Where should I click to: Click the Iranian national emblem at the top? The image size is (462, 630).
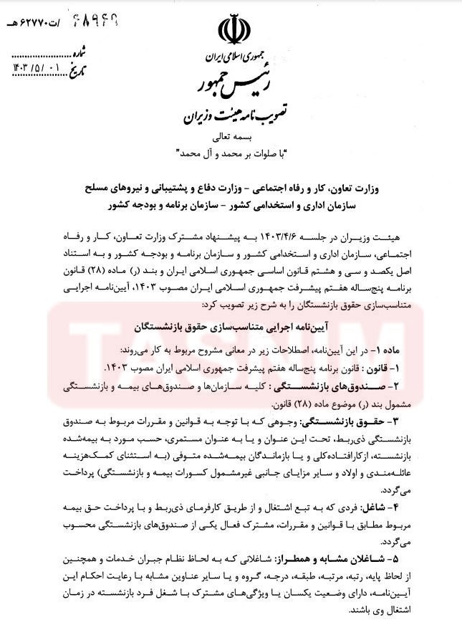(x=232, y=29)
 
